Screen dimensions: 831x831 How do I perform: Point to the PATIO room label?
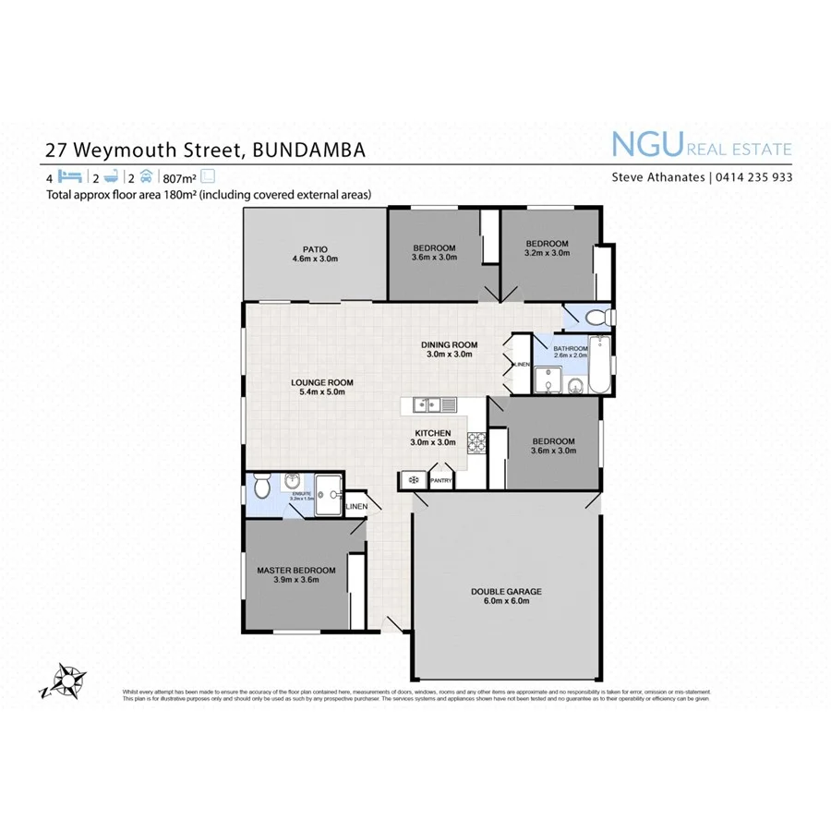315,254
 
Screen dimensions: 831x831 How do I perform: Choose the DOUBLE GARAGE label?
505,596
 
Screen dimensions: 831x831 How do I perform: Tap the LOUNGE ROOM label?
321,387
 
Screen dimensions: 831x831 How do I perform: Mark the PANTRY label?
440,480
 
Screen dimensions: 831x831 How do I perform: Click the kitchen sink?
433,404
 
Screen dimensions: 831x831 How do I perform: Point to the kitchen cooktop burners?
478,444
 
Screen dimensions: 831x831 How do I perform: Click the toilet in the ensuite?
261,486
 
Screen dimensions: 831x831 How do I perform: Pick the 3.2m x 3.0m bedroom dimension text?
547,252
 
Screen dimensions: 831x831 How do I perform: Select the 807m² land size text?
179,177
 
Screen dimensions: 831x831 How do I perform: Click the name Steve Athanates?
659,177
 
